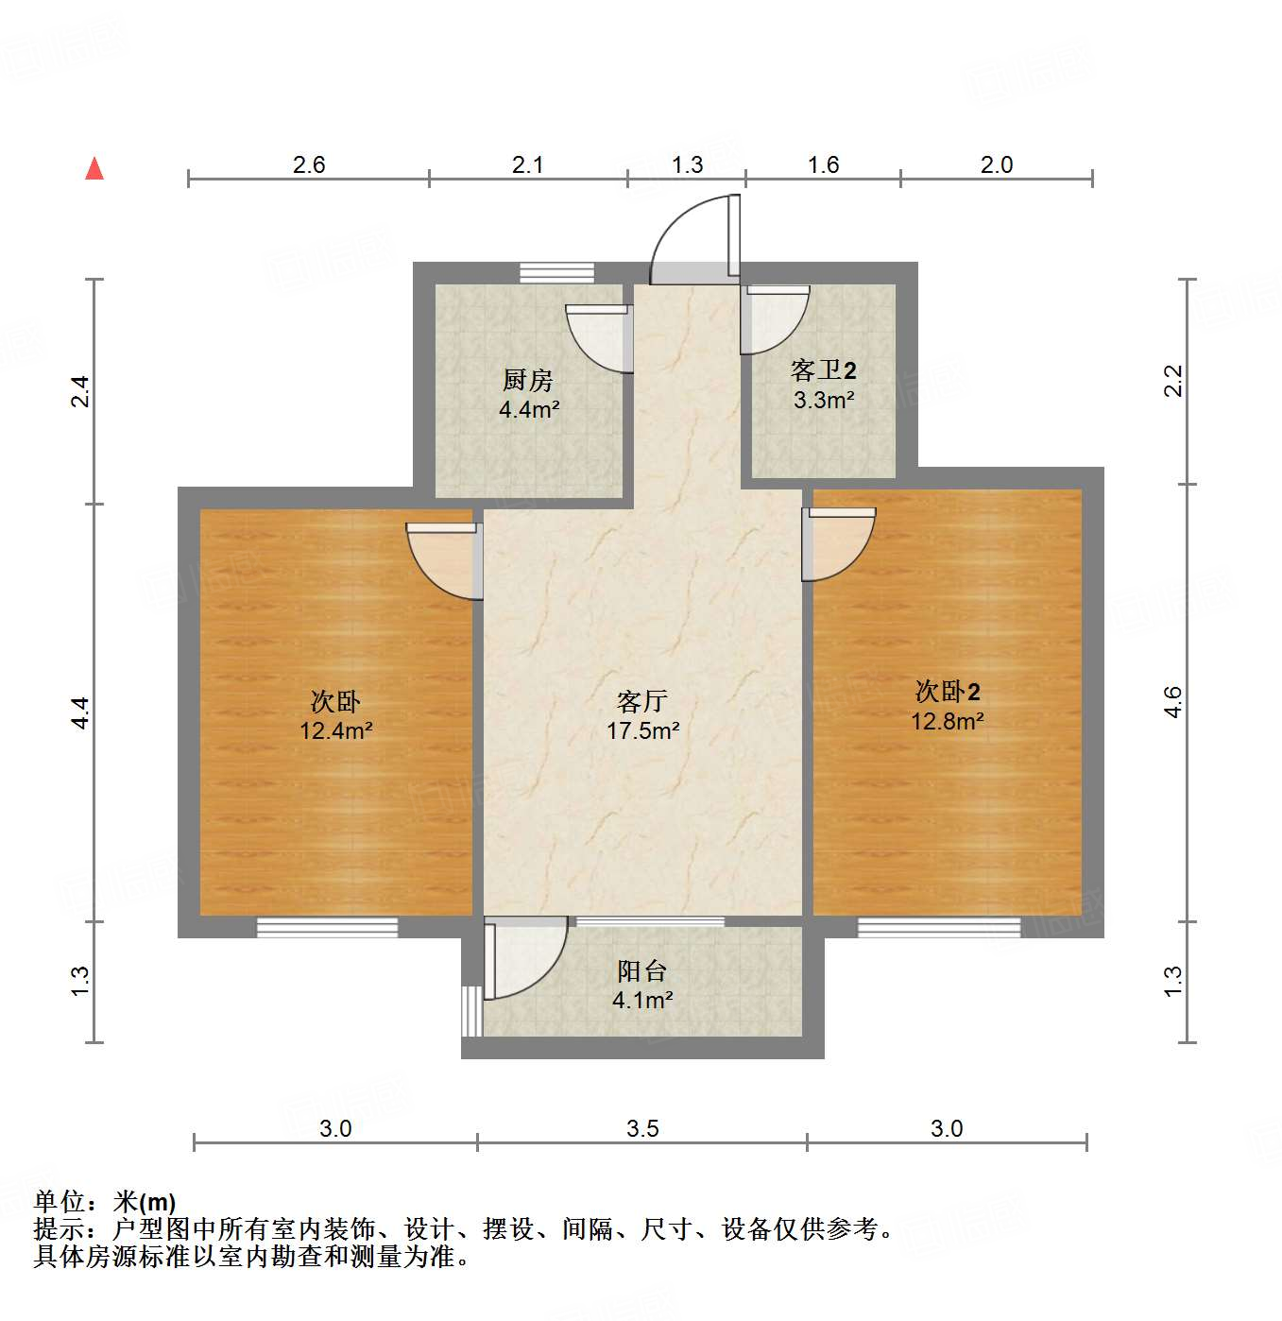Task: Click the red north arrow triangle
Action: (x=94, y=168)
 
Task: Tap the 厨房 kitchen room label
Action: (x=527, y=380)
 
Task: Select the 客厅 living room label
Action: (x=642, y=701)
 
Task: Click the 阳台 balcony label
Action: (x=642, y=970)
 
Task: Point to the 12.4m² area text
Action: (x=336, y=730)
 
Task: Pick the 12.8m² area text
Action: (x=948, y=721)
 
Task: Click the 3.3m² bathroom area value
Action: (x=824, y=400)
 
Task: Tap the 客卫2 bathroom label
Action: (x=824, y=369)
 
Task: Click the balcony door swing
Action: (x=525, y=959)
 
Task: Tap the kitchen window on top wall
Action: (x=557, y=273)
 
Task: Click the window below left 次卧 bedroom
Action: (x=327, y=927)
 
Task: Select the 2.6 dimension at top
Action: (x=309, y=164)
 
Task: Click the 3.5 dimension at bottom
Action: (x=642, y=1128)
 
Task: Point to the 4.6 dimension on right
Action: (x=1173, y=702)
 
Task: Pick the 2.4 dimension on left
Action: (x=81, y=391)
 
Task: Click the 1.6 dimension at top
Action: (x=824, y=164)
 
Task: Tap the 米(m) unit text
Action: (x=144, y=1202)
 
